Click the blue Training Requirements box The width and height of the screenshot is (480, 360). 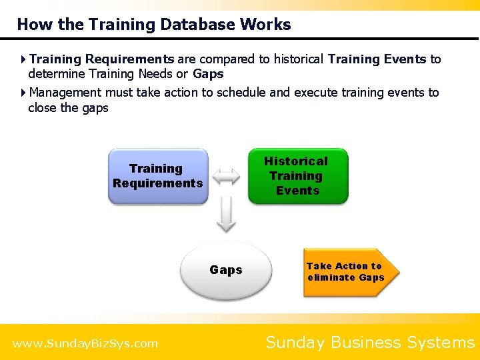pos(158,176)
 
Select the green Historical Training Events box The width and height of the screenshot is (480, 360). pos(297,176)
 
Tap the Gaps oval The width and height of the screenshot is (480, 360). pos(226,270)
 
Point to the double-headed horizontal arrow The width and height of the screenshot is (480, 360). pos(227,176)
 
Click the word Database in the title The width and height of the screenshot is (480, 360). pos(185,25)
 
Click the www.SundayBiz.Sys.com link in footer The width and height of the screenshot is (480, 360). pos(85,343)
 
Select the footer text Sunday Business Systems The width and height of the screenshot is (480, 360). pos(369,343)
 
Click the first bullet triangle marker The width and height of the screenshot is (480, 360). pos(23,59)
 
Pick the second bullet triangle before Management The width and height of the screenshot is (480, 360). pos(23,93)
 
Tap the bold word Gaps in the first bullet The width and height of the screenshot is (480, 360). pos(208,74)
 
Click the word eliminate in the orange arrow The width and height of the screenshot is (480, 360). pos(331,277)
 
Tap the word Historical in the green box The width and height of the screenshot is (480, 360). pos(296,161)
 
